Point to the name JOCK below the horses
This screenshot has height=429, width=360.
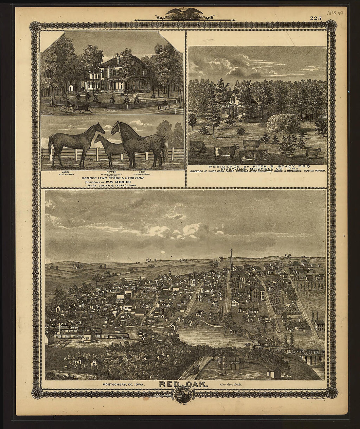click(142, 171)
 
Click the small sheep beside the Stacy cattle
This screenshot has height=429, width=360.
click(313, 152)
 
